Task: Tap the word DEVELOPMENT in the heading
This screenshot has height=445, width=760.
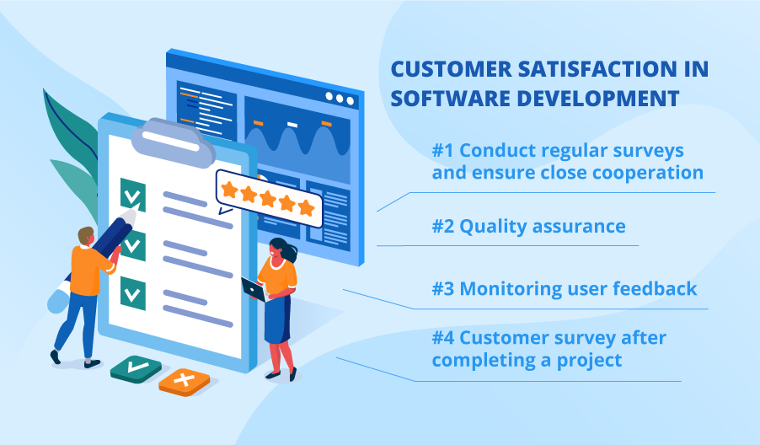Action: tap(597, 99)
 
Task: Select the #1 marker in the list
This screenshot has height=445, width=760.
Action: tap(442, 150)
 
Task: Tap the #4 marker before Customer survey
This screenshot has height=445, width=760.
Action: tap(443, 337)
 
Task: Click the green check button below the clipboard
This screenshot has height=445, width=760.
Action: tap(136, 369)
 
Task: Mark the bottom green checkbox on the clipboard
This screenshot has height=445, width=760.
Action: tap(133, 293)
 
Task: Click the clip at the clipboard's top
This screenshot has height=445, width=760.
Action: tap(173, 141)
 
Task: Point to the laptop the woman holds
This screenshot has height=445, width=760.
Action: tap(254, 289)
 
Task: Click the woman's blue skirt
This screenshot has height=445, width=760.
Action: tap(277, 320)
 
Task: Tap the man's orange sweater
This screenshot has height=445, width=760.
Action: tap(88, 271)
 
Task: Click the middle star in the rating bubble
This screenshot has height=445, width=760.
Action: tap(268, 198)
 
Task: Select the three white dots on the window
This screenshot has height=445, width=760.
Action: tap(340, 99)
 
